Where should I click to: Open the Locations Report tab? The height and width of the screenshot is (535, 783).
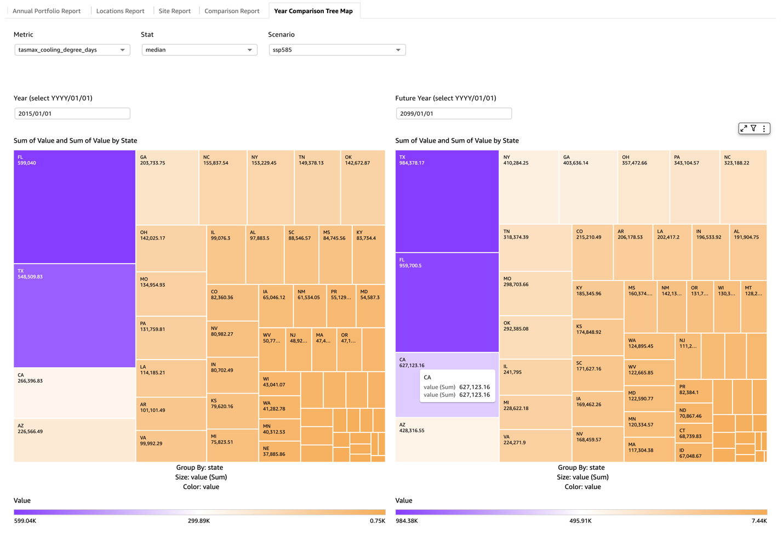click(x=120, y=11)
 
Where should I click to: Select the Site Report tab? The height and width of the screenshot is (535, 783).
click(x=174, y=11)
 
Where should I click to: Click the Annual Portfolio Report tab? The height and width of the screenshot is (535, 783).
click(x=47, y=11)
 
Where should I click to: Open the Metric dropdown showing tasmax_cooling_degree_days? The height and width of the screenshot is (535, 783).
click(x=72, y=50)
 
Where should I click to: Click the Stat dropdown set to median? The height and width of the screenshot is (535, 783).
click(x=199, y=50)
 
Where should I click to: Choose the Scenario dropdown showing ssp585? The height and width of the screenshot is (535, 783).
click(x=337, y=50)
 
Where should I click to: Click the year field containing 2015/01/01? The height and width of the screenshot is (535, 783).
click(x=72, y=113)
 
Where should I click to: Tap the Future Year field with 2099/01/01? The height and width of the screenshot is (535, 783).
click(x=454, y=113)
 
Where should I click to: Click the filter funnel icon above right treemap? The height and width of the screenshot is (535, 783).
click(x=754, y=128)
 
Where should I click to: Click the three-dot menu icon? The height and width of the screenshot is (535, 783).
click(x=764, y=128)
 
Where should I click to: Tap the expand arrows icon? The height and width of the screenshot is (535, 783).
click(x=744, y=128)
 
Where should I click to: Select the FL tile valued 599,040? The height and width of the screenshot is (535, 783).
click(x=75, y=207)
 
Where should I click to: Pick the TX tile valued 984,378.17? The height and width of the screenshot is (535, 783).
click(x=447, y=201)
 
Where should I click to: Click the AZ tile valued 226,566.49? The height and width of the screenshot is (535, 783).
click(x=75, y=440)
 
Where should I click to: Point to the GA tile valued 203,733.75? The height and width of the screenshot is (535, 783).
click(x=167, y=187)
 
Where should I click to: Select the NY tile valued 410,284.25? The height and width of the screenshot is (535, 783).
click(x=529, y=187)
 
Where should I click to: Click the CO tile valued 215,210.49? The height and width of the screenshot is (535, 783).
click(x=592, y=252)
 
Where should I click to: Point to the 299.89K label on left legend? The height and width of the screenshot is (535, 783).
click(x=199, y=521)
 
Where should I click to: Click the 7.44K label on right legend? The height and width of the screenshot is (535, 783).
click(x=759, y=521)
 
